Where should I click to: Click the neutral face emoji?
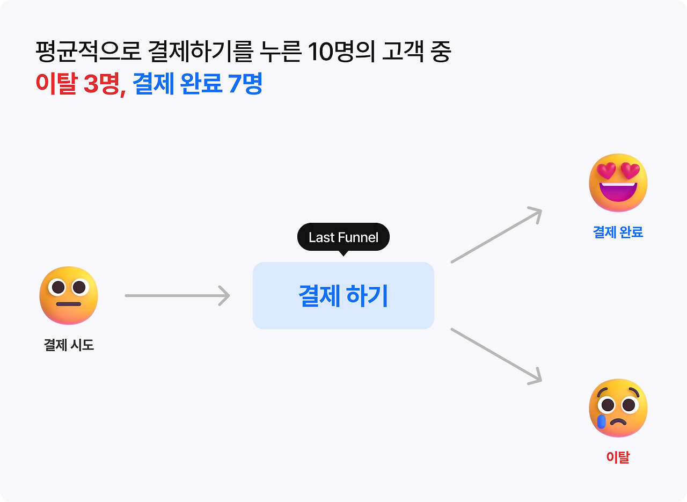tap(69, 295)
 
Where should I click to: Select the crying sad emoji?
tap(618, 408)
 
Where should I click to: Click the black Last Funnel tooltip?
tap(343, 237)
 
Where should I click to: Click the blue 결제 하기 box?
tap(343, 296)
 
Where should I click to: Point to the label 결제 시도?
tap(69, 345)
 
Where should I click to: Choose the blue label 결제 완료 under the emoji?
tap(618, 232)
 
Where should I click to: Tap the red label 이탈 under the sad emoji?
tap(618, 457)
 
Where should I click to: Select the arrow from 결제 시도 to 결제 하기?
tap(177, 295)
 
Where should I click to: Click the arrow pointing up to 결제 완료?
tap(496, 236)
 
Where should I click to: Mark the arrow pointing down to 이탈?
tap(496, 355)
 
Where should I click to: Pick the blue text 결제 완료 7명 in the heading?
tap(198, 84)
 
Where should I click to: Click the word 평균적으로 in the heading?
tap(88, 52)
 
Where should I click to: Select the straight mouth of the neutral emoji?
tap(69, 304)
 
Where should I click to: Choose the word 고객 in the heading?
tap(401, 52)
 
